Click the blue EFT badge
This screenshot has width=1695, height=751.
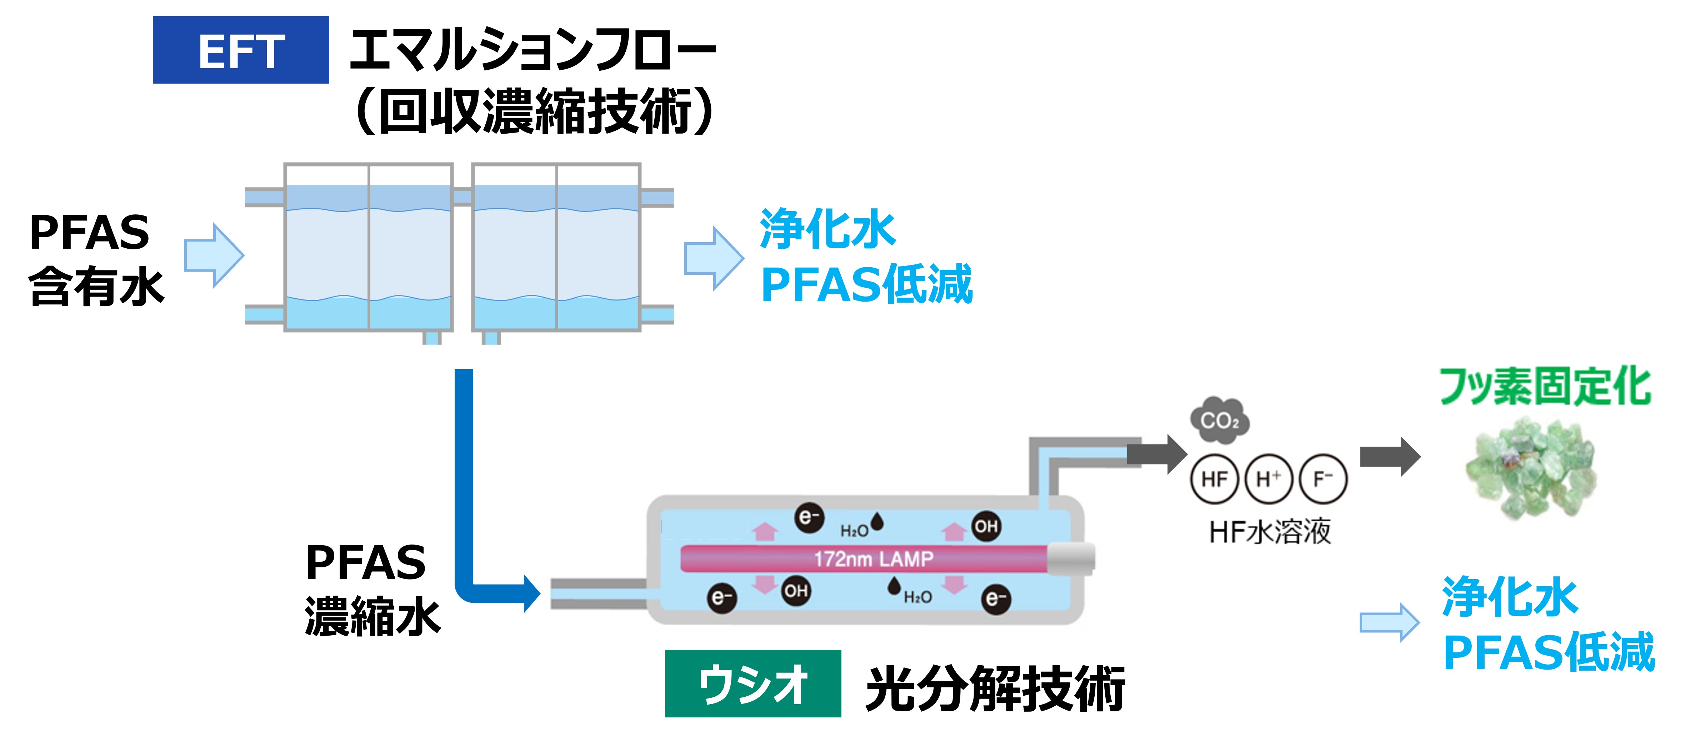(241, 50)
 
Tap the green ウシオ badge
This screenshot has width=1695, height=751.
(753, 683)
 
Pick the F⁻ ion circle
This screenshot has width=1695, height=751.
(1322, 479)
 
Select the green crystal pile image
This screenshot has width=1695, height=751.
(1531, 469)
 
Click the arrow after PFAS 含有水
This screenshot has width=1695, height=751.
(214, 255)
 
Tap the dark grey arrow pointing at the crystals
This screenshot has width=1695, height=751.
(1390, 456)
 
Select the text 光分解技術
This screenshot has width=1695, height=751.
(995, 688)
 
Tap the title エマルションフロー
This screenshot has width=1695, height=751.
(533, 50)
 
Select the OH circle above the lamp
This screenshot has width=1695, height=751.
(986, 526)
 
